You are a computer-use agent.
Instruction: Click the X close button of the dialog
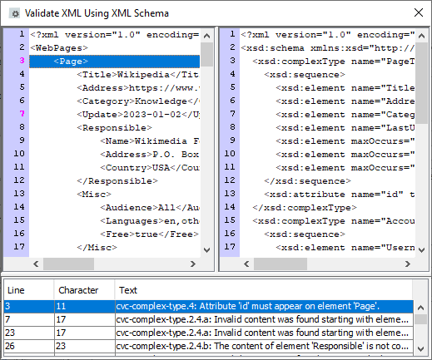pyautogui.click(x=419, y=12)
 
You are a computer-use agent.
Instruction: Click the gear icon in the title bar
pyautogui.click(x=14, y=13)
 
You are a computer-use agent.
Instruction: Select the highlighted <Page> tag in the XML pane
pyautogui.click(x=71, y=62)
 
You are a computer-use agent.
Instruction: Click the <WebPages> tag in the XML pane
pyautogui.click(x=59, y=48)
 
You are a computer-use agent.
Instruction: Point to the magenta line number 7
pyautogui.click(x=22, y=114)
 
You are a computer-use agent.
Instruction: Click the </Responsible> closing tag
pyautogui.click(x=117, y=181)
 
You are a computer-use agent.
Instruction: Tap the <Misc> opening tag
pyautogui.click(x=94, y=195)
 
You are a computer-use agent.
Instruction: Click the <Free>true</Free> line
pyautogui.click(x=150, y=234)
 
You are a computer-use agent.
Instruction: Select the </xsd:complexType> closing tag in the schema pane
pyautogui.click(x=305, y=208)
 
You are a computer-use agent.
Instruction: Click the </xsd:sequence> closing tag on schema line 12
pyautogui.click(x=307, y=181)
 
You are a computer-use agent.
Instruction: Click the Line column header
pyautogui.click(x=16, y=290)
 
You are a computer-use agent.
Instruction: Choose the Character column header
pyautogui.click(x=78, y=290)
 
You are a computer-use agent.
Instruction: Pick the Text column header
pyautogui.click(x=128, y=290)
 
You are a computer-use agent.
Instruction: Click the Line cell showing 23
pyautogui.click(x=10, y=333)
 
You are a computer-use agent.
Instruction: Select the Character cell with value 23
pyautogui.click(x=61, y=346)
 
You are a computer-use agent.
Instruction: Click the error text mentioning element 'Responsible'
pyautogui.click(x=262, y=346)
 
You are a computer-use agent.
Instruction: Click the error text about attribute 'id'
pyautogui.click(x=248, y=306)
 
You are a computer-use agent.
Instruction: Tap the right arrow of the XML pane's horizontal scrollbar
pyautogui.click(x=193, y=264)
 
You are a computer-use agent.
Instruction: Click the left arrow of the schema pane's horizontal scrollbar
pyautogui.click(x=246, y=264)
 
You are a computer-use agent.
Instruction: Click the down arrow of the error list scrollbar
pyautogui.click(x=421, y=349)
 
